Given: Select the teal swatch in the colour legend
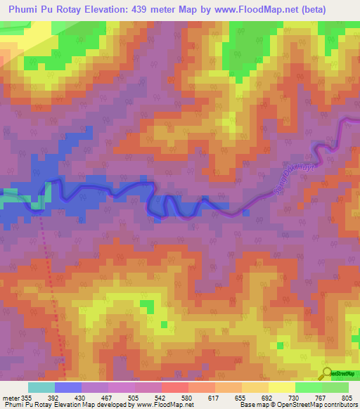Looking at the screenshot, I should tap(41, 387).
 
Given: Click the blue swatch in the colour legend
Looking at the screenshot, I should tap(67, 387).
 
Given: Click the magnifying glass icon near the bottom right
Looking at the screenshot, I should tap(326, 373).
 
